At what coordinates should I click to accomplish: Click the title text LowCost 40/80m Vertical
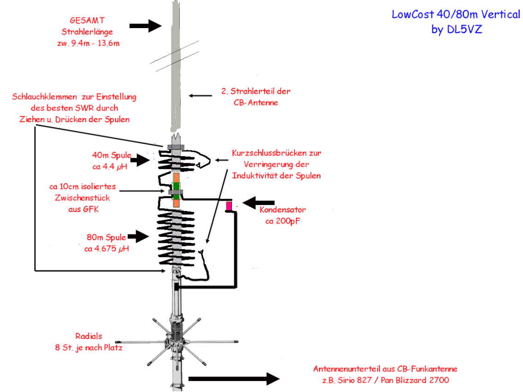pos(456,14)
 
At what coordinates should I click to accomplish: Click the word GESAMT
pos(87,21)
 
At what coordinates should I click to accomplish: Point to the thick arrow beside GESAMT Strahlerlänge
pos(145,26)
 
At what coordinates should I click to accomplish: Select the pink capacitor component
pos(229,206)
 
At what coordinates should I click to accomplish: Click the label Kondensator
pos(283,210)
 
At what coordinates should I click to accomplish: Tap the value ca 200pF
pos(283,221)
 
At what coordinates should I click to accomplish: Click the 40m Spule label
pos(112,155)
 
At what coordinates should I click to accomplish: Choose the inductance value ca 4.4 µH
pos(110,167)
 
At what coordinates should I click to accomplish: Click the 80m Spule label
pos(107,238)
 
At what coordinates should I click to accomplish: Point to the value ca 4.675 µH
pos(107,249)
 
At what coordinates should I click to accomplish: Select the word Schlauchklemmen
pos(45,97)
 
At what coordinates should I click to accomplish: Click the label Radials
pos(89,336)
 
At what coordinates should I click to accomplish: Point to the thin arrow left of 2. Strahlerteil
pos(200,96)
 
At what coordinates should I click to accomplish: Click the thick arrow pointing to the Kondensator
pos(258,203)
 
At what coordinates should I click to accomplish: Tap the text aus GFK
pos(84,209)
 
